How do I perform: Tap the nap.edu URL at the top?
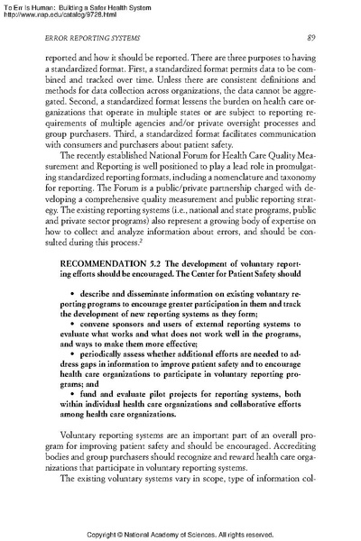coord(62,14)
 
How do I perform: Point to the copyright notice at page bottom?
coord(180,533)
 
